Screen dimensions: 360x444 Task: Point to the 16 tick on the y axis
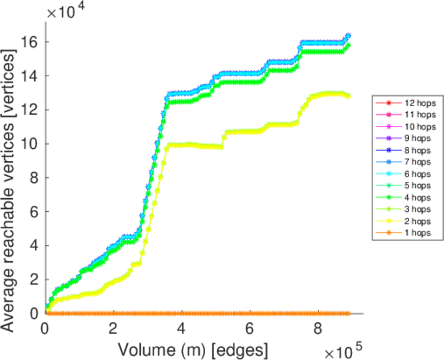pos(33,42)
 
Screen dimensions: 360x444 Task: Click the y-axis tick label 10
pos(33,144)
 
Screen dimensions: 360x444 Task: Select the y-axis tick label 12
pos(33,110)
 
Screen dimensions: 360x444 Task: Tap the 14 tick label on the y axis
pos(33,76)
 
